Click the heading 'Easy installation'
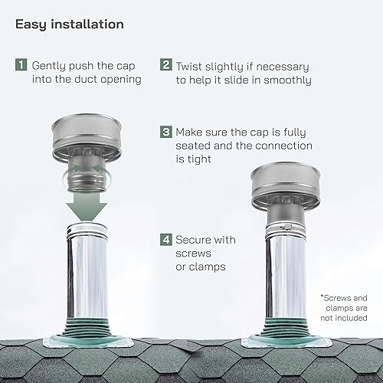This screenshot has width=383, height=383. tap(69, 24)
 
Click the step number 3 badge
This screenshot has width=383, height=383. tap(166, 132)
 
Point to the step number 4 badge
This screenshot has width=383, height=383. tap(166, 241)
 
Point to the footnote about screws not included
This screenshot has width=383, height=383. tap(343, 306)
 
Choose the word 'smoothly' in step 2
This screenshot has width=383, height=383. tap(287, 80)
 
